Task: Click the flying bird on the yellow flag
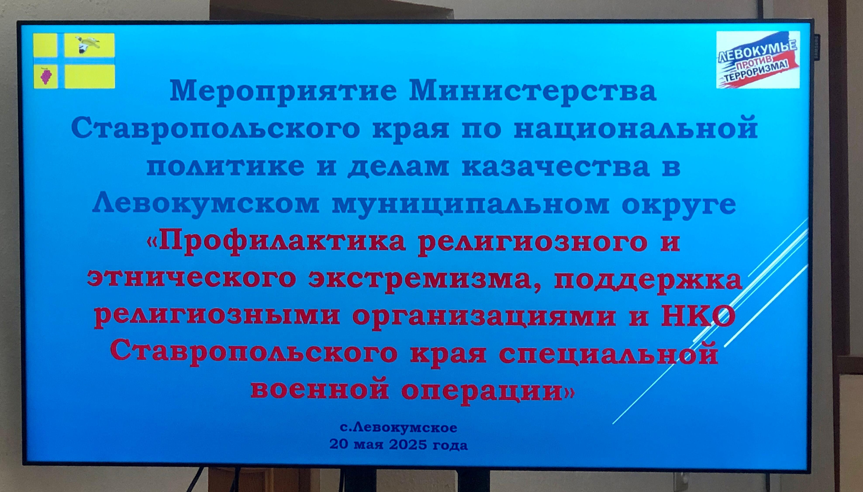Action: [87, 44]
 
